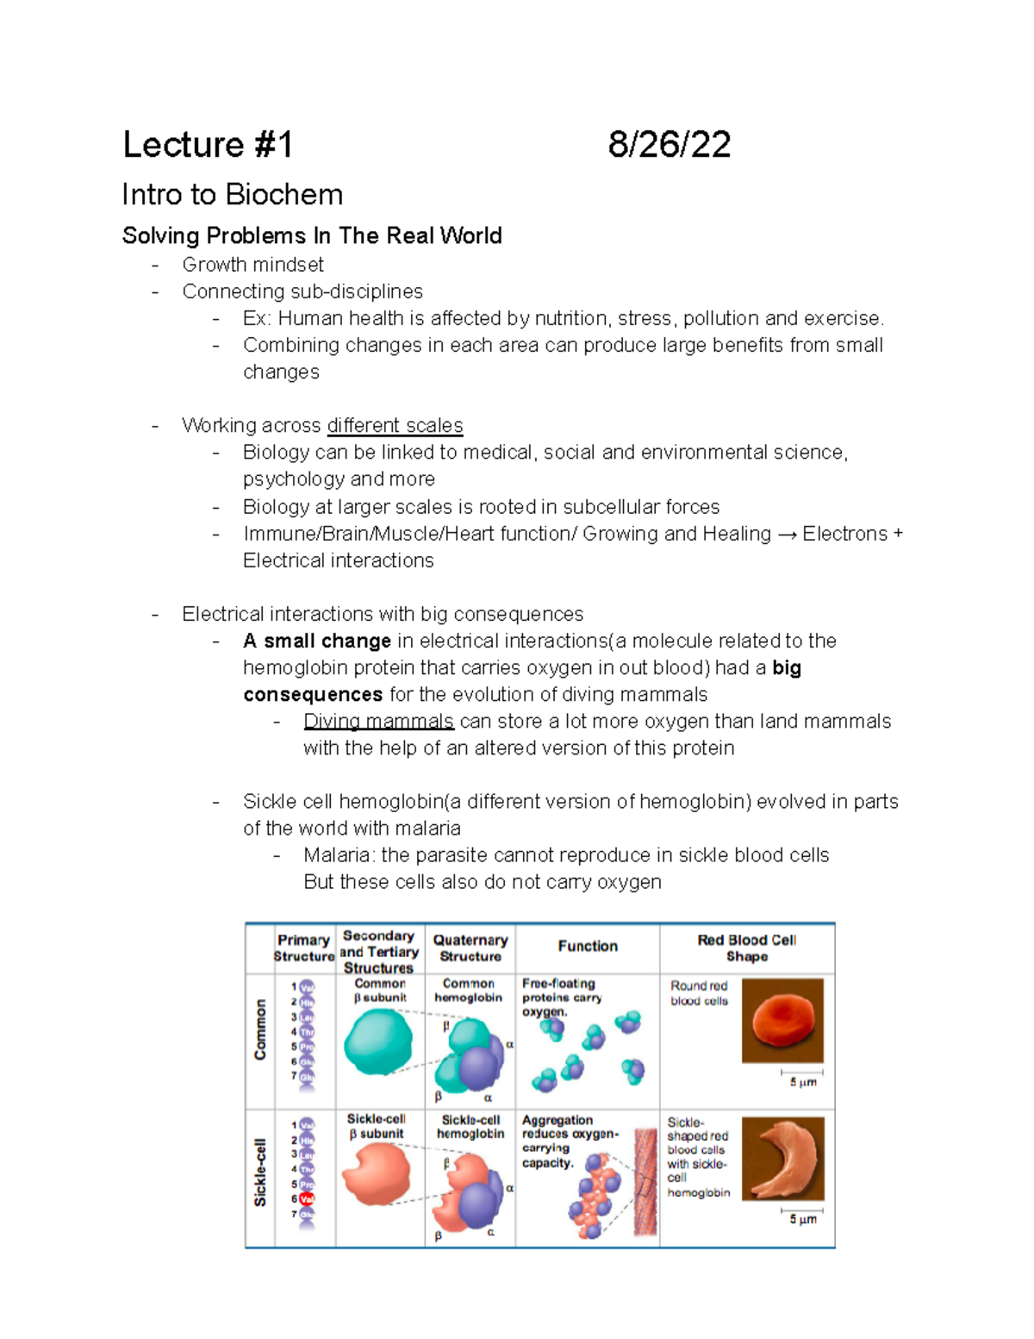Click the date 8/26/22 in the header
pyautogui.click(x=669, y=144)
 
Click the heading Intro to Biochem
pyautogui.click(x=232, y=194)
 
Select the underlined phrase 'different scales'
pyautogui.click(x=395, y=425)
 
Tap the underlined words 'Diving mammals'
pyautogui.click(x=378, y=721)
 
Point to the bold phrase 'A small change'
pyautogui.click(x=317, y=641)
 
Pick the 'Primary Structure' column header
pyautogui.click(x=304, y=948)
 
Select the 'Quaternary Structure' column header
pyautogui.click(x=470, y=948)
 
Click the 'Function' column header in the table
pyautogui.click(x=588, y=946)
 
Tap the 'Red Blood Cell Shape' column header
pyautogui.click(x=746, y=948)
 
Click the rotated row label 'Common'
pyautogui.click(x=260, y=1029)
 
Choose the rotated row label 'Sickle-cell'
pyautogui.click(x=260, y=1172)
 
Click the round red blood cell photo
pyautogui.click(x=782, y=1020)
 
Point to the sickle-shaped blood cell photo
pyautogui.click(x=782, y=1159)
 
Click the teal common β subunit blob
pyautogui.click(x=377, y=1042)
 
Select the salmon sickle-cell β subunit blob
pyautogui.click(x=377, y=1174)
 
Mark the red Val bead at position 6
pyautogui.click(x=307, y=1198)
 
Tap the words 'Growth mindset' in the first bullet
pyautogui.click(x=252, y=265)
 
